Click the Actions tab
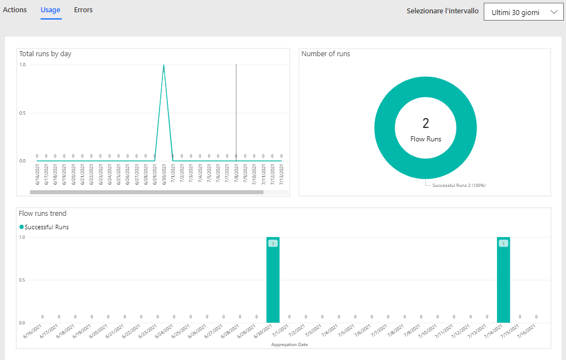coord(15,10)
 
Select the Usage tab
coord(51,10)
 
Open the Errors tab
coord(83,10)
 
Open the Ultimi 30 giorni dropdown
coord(524,12)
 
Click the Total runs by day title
coord(46,54)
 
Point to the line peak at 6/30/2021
coord(163,65)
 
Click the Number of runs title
coord(326,54)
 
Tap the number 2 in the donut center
coord(425,124)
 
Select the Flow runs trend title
coord(43,214)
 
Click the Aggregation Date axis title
coord(290,345)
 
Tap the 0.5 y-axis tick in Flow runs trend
coord(22,280)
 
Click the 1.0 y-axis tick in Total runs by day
coord(22,65)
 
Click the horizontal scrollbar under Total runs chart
coord(146,193)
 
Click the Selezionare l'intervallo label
coord(443,11)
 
